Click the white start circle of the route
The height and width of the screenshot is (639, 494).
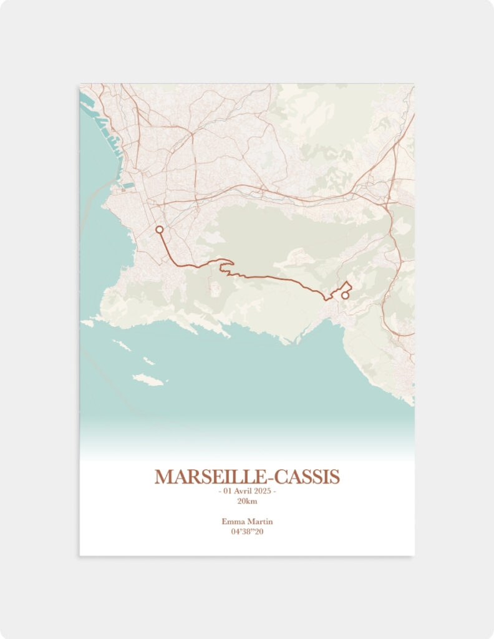click(159, 230)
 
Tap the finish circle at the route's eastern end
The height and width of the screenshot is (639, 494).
click(345, 295)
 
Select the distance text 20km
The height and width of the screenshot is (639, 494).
click(247, 501)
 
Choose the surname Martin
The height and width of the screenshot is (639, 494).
click(261, 522)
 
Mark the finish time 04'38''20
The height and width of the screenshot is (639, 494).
click(247, 532)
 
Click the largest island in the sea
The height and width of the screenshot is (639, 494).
click(148, 380)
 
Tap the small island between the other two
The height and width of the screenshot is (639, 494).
click(149, 361)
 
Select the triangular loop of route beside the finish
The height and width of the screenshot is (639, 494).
click(345, 288)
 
